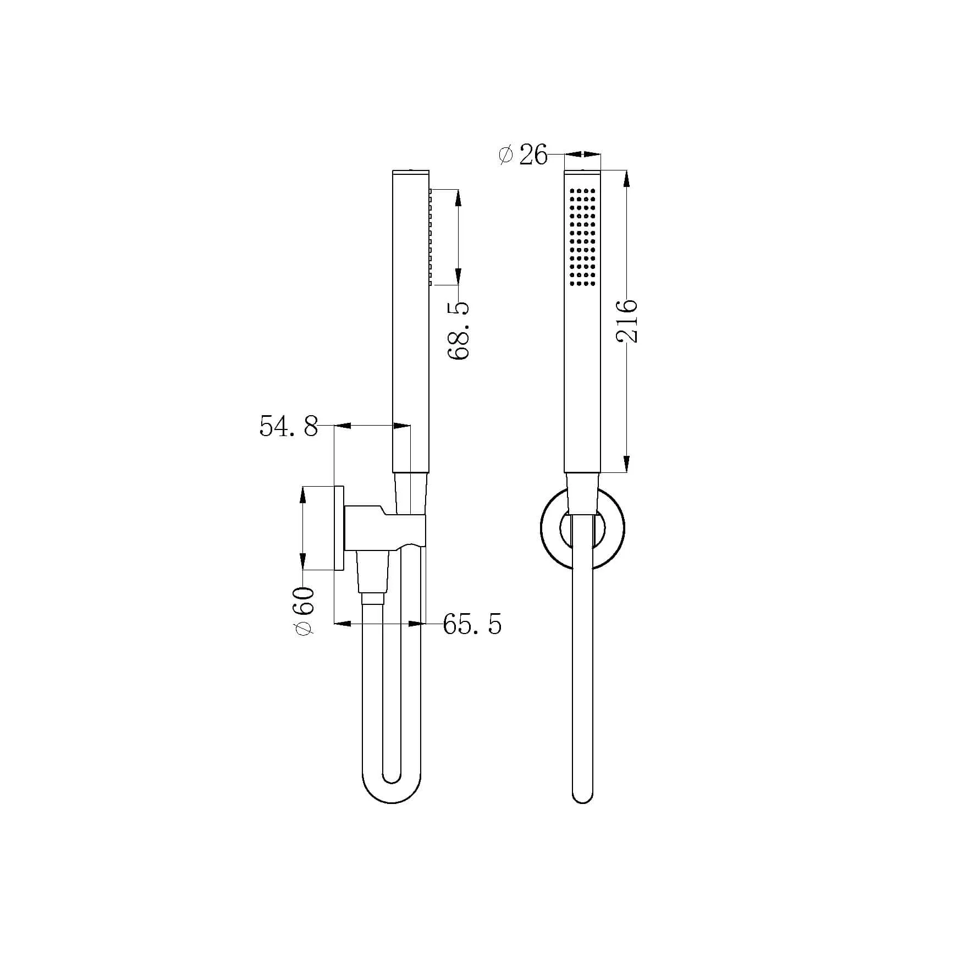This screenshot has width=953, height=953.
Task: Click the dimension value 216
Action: pyautogui.click(x=627, y=322)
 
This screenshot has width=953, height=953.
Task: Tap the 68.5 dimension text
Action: pyautogui.click(x=458, y=330)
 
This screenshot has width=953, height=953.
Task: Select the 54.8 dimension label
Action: pyautogui.click(x=289, y=426)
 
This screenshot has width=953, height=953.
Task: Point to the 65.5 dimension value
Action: pyautogui.click(x=472, y=625)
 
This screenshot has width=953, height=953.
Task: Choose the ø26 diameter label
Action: pyautogui.click(x=523, y=156)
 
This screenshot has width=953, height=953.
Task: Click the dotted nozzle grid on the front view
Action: pyautogui.click(x=583, y=237)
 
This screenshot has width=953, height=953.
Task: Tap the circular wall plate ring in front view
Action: pyautogui.click(x=582, y=488)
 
